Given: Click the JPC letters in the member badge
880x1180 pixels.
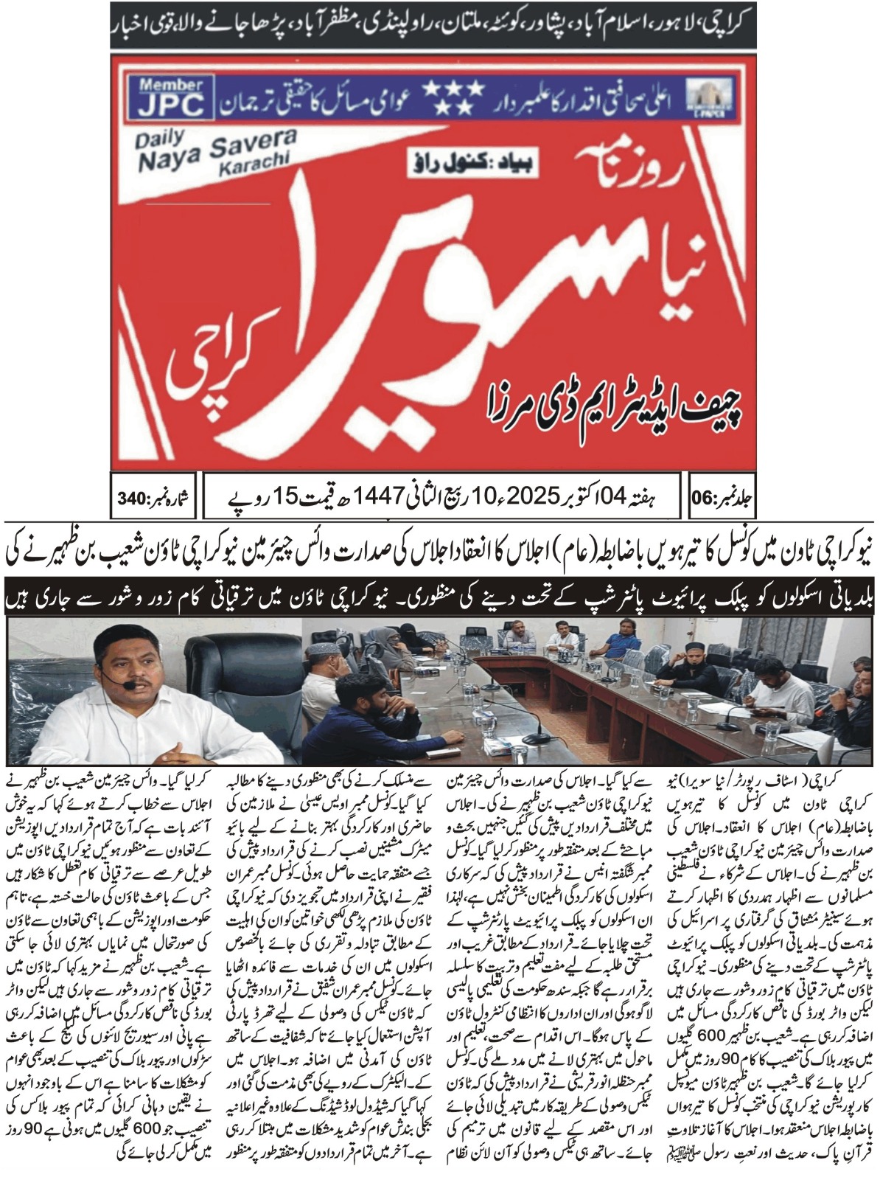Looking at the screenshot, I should [170, 105].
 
